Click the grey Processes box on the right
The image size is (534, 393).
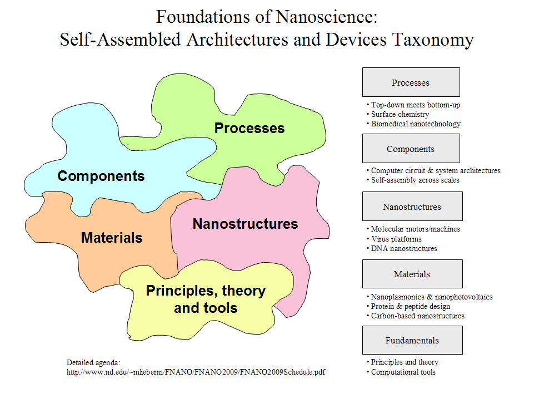[411, 82]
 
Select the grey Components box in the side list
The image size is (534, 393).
[411, 149]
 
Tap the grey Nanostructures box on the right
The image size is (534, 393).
[412, 206]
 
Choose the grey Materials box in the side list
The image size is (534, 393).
[412, 274]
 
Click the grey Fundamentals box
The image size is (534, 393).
[412, 340]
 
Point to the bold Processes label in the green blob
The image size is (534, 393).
[249, 128]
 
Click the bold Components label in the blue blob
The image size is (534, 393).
[101, 176]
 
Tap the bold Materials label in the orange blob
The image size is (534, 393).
[112, 238]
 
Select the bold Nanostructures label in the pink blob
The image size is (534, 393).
[245, 224]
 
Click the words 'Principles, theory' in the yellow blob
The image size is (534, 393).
[206, 291]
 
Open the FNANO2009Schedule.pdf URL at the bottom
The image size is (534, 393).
[196, 372]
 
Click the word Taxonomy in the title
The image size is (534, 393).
[433, 40]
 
